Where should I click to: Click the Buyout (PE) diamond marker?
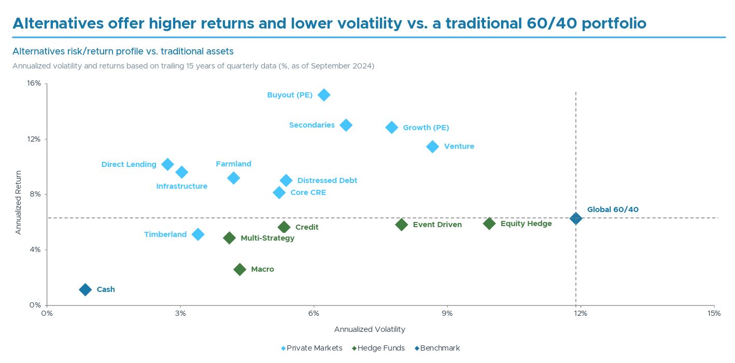[324, 95]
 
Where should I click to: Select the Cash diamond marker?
[86, 289]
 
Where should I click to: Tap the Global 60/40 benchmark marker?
[575, 218]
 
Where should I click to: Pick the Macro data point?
[239, 269]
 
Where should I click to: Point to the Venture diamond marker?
[432, 146]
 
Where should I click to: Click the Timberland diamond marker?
[198, 234]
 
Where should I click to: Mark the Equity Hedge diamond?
[489, 224]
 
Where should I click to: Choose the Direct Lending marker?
[167, 164]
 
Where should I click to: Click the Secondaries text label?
[312, 125]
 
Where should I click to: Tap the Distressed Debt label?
[327, 180]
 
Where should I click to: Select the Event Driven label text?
[437, 225]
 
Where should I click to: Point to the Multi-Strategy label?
[267, 238]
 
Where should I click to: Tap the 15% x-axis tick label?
[714, 313]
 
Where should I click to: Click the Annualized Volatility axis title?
[370, 329]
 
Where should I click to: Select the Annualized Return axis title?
[19, 202]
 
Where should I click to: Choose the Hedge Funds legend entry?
[381, 348]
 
